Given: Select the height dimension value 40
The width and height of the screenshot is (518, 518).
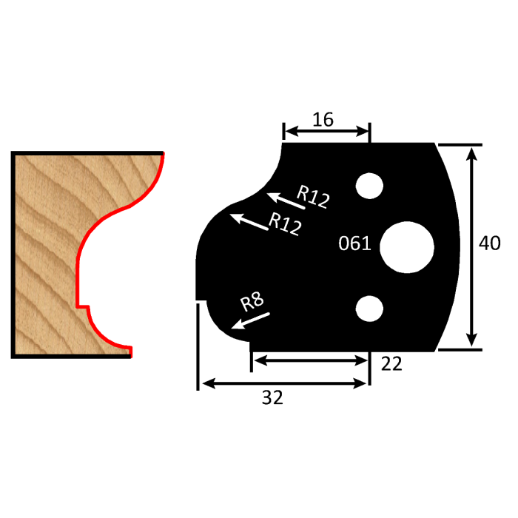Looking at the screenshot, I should [x=490, y=243].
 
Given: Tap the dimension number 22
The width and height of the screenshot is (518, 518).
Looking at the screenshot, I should [x=392, y=363].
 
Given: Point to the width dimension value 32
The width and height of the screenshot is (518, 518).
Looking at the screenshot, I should [x=272, y=398].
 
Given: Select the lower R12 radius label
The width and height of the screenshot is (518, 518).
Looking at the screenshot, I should [x=285, y=223].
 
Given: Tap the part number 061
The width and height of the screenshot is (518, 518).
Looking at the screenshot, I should [x=354, y=243].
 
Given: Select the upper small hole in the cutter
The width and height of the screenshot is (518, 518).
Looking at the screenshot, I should [x=368, y=186].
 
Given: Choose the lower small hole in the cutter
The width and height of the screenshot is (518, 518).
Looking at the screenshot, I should [x=368, y=309].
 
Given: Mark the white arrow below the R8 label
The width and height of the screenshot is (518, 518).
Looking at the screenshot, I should [x=251, y=320].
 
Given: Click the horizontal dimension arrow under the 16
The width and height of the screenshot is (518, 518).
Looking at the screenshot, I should [x=326, y=132].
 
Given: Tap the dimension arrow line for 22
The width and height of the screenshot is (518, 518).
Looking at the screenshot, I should [x=310, y=359].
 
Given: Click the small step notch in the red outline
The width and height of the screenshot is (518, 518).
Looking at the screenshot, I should [x=83, y=305].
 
